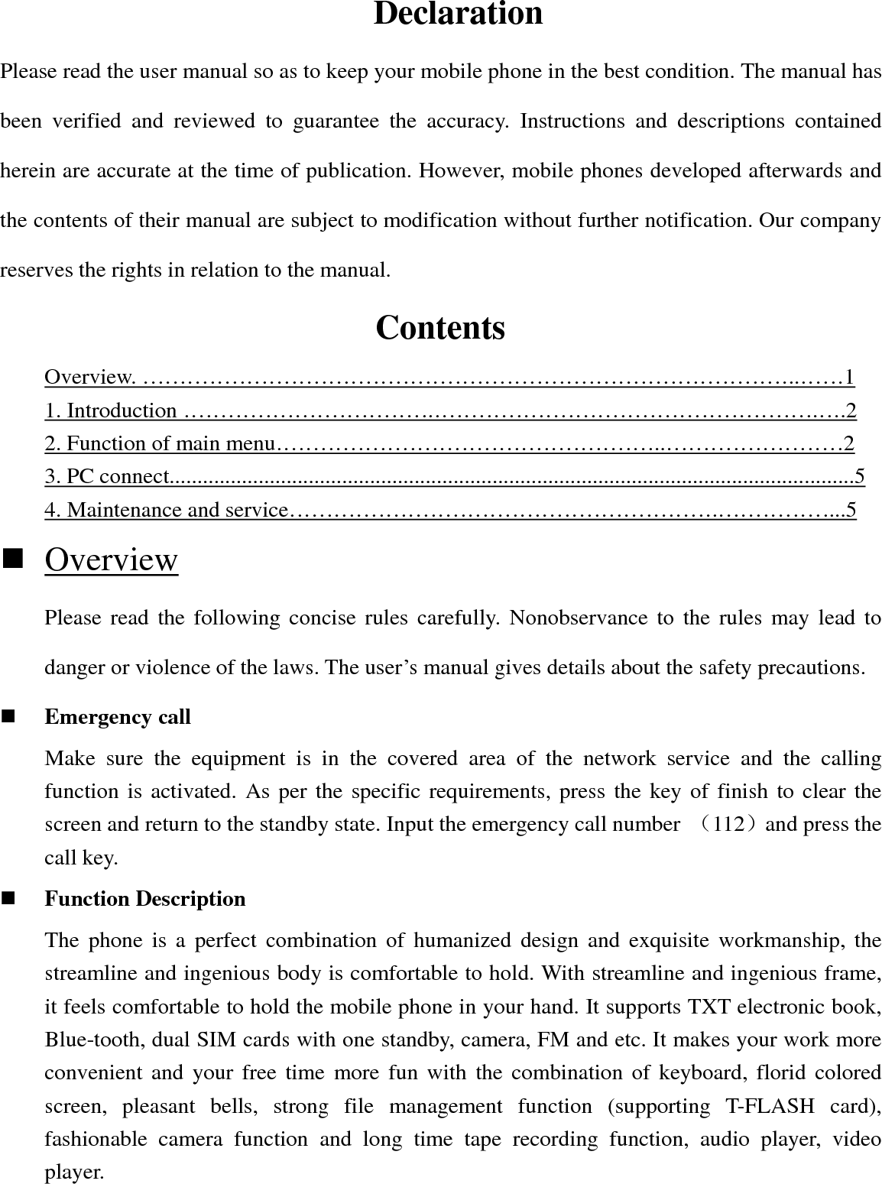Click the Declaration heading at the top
pos(458,15)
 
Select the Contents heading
pos(440,328)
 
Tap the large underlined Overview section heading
pos(111,560)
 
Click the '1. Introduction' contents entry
pos(111,410)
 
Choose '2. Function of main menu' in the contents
pos(159,443)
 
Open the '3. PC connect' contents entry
pos(105,476)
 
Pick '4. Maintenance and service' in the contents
pos(166,509)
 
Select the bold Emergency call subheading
pos(118,717)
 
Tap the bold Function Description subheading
pos(145,899)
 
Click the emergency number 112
pos(722,825)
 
